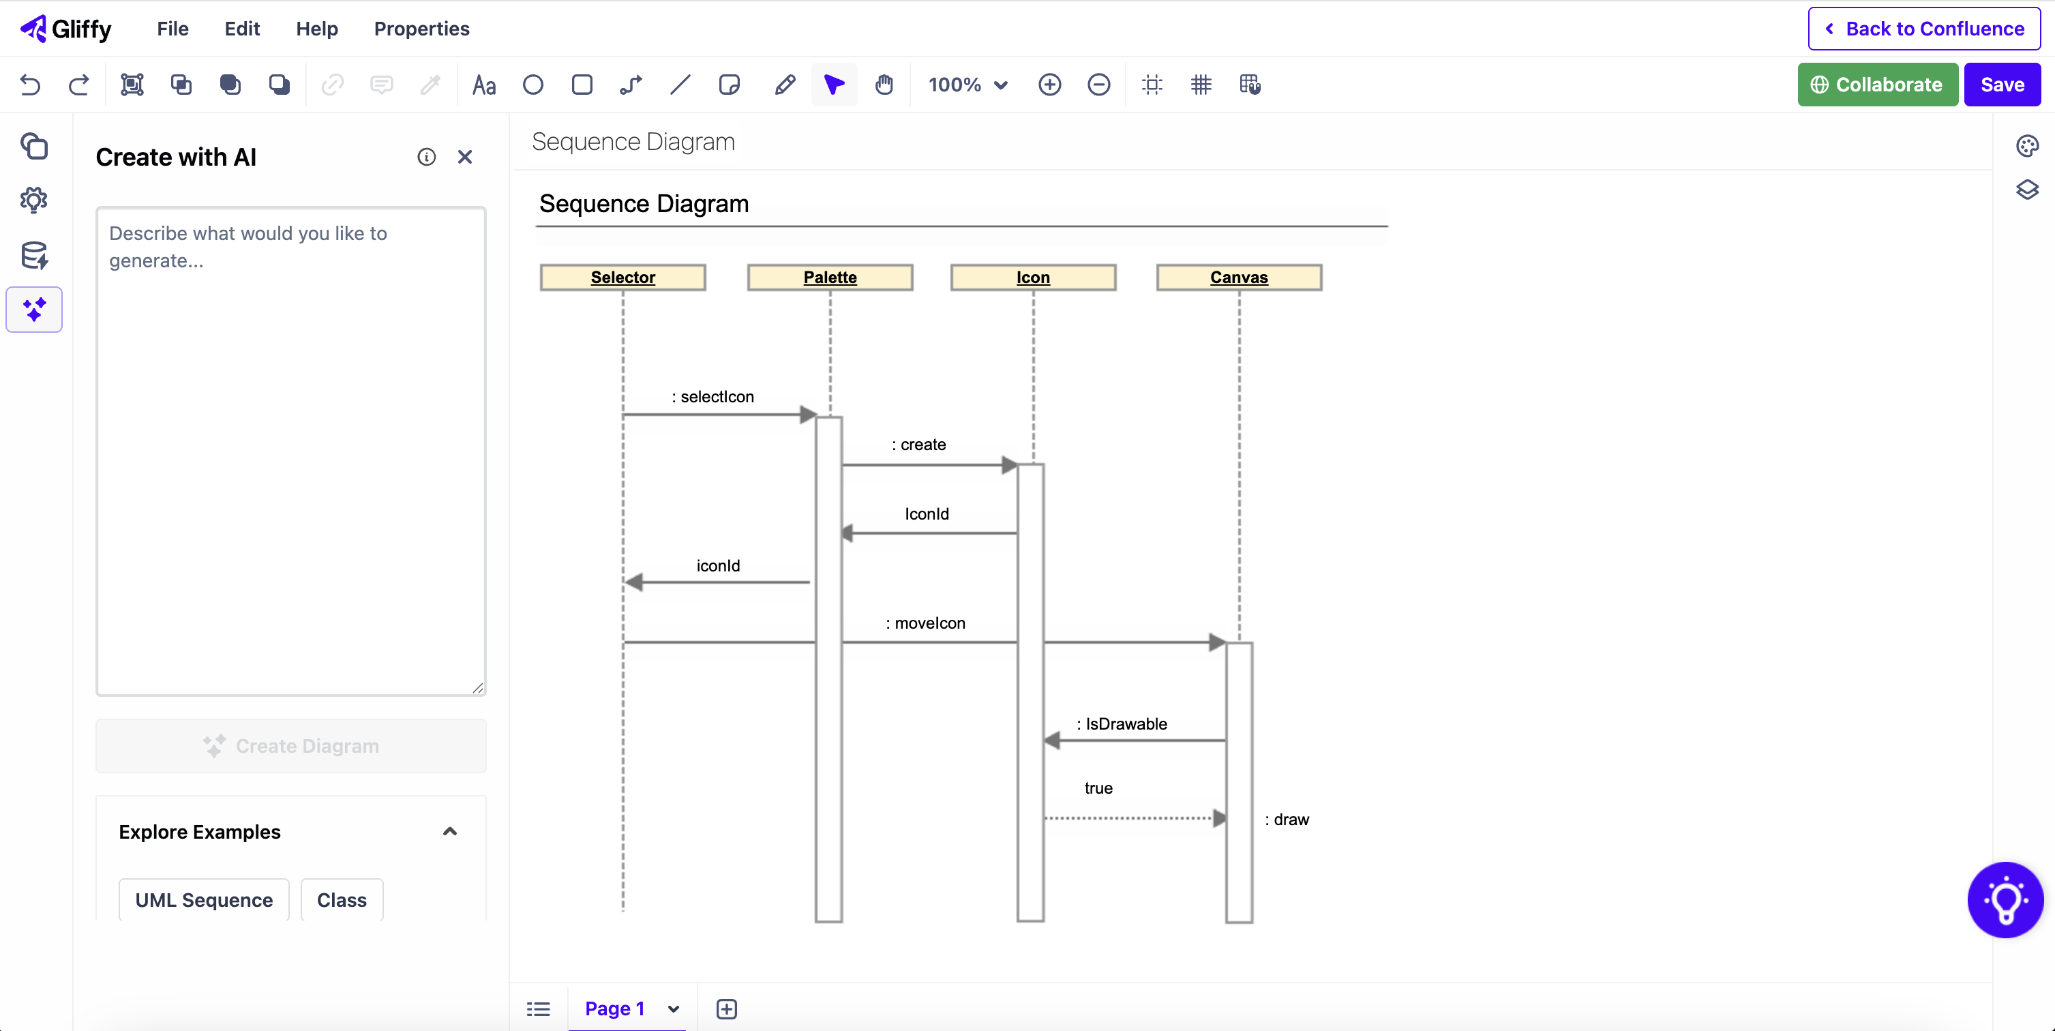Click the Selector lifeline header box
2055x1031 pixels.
[622, 277]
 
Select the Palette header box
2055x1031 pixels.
[830, 277]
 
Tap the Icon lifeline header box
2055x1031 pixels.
[1032, 277]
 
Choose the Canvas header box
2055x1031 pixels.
[1238, 277]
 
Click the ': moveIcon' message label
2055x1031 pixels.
[925, 623]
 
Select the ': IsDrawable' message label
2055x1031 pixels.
[1122, 723]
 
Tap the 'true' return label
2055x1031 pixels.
[1098, 788]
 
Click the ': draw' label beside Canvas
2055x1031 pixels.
[1287, 820]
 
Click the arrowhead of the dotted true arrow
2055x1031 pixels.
[1218, 818]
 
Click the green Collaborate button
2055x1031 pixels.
[1877, 85]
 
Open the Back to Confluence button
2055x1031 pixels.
[1923, 29]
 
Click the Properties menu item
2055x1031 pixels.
[421, 29]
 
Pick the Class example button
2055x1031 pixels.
[342, 900]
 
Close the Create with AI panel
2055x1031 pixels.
[464, 158]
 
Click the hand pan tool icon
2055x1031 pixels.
[883, 85]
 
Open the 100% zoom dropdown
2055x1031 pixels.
[967, 85]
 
